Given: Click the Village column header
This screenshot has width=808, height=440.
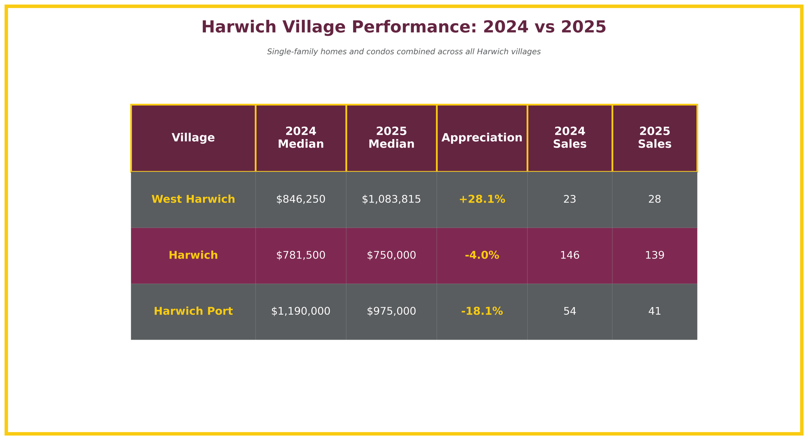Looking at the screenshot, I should tap(193, 138).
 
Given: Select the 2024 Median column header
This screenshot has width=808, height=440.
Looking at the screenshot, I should tap(300, 138).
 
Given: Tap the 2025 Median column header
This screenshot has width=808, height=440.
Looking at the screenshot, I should tap(391, 138).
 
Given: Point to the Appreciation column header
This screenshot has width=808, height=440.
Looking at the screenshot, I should tap(482, 138).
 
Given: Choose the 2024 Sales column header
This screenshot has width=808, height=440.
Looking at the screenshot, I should tap(569, 138).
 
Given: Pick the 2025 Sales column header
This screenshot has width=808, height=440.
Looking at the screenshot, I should tap(654, 138).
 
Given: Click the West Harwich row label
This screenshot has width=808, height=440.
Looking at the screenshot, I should tap(193, 200).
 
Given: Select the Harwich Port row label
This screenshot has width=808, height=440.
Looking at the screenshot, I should tap(193, 311).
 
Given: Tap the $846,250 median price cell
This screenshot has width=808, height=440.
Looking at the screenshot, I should tap(300, 200).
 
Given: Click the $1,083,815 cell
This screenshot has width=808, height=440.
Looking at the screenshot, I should tap(391, 200).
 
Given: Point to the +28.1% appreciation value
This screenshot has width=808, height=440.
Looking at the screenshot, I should tap(482, 200).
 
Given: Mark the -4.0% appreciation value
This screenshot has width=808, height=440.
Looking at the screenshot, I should tap(482, 256).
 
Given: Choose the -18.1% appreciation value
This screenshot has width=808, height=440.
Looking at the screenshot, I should tap(482, 311).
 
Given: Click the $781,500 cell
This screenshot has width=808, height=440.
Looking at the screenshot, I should tap(300, 256).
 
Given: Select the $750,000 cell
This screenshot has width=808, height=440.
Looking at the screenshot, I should tap(391, 256).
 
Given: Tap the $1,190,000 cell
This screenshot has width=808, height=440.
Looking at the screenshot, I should tap(300, 311).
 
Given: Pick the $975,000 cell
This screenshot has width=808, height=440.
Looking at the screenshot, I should tap(391, 311).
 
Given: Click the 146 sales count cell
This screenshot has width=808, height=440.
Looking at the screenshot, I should tap(569, 256).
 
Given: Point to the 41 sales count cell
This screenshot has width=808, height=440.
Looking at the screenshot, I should tap(654, 311).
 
